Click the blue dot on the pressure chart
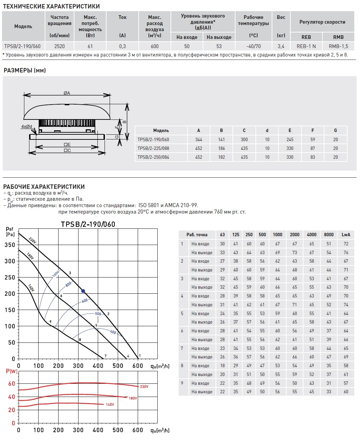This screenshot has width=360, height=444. pyautogui.click(x=83, y=291)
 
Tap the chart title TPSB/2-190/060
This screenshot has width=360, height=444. pyautogui.click(x=88, y=224)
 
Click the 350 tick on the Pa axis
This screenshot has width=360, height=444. pyautogui.click(x=10, y=245)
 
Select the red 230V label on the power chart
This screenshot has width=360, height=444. pyautogui.click(x=144, y=386)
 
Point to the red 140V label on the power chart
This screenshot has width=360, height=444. pyautogui.click(x=110, y=404)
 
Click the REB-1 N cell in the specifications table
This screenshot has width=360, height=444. pyautogui.click(x=306, y=46)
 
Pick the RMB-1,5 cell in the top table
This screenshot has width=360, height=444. pyautogui.click(x=338, y=46)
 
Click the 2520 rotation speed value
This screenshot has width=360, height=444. pyautogui.click(x=59, y=46)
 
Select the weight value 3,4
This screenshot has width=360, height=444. pyautogui.click(x=281, y=46)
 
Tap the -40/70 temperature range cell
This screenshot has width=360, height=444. pyautogui.click(x=253, y=46)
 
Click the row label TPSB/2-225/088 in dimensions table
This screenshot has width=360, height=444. pyautogui.click(x=153, y=148)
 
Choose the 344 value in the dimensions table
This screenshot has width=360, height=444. pyautogui.click(x=199, y=139)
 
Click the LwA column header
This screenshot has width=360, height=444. pyautogui.click(x=346, y=235)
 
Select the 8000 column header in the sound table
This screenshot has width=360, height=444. pyautogui.click(x=329, y=235)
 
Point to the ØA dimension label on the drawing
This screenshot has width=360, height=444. pyautogui.click(x=67, y=93)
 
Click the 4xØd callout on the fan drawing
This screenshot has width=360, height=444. pyautogui.click(x=27, y=127)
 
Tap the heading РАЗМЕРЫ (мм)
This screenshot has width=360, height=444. pyautogui.click(x=25, y=70)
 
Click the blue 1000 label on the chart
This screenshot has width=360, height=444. pyautogui.click(x=56, y=273)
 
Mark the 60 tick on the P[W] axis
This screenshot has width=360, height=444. pyautogui.click(x=12, y=383)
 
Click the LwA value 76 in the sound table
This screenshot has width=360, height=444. pyautogui.click(x=346, y=252)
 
